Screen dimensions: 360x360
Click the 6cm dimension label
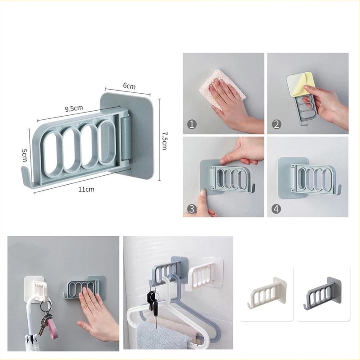tap(129, 86)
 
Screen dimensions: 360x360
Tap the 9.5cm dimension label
tap(74, 108)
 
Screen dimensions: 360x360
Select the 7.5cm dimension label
tap(164, 140)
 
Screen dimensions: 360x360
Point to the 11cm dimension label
tap(87, 189)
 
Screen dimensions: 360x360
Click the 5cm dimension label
tap(24, 155)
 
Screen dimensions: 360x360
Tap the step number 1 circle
tap(192, 125)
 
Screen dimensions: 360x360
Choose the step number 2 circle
tap(277, 125)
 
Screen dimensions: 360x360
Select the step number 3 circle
tap(192, 209)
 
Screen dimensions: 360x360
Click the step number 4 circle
tap(277, 209)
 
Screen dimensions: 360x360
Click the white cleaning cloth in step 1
tap(222, 90)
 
